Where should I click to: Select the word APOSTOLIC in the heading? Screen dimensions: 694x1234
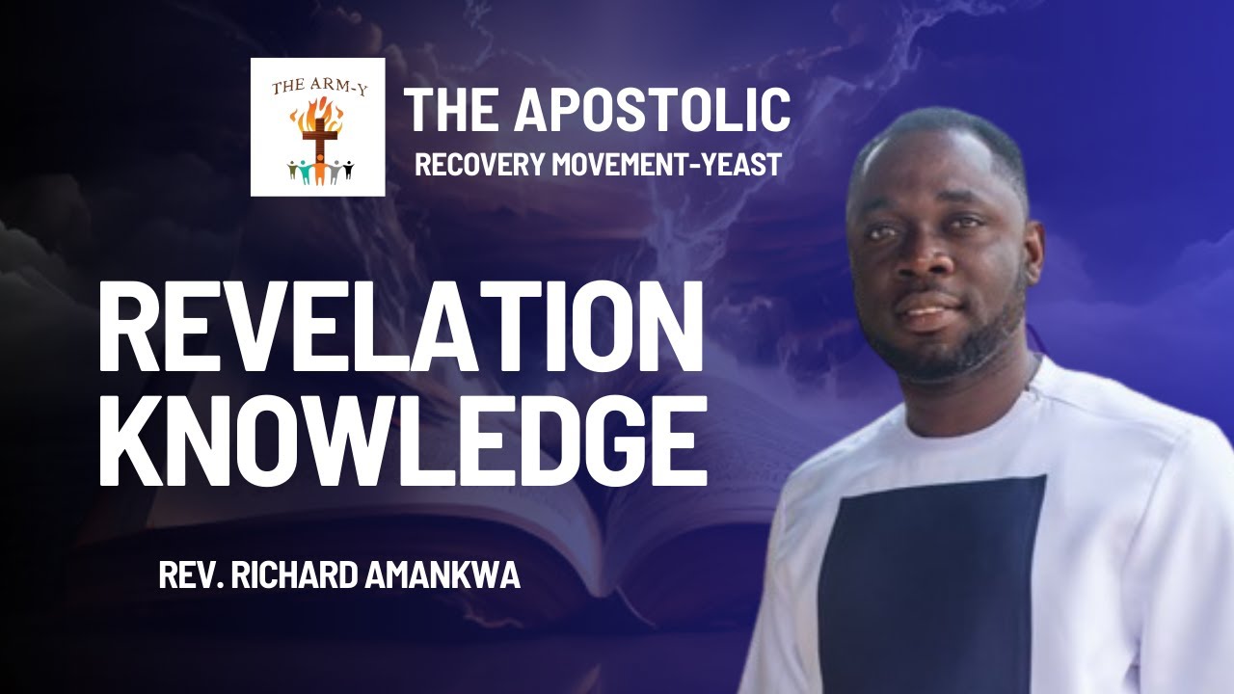(x=652, y=109)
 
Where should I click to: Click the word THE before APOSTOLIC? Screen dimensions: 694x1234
(x=453, y=109)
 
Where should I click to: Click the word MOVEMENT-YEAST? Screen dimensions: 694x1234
(x=666, y=164)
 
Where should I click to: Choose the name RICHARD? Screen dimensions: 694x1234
(x=286, y=576)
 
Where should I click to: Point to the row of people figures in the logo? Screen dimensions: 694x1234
(x=319, y=172)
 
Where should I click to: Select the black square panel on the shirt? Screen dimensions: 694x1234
(x=930, y=578)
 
